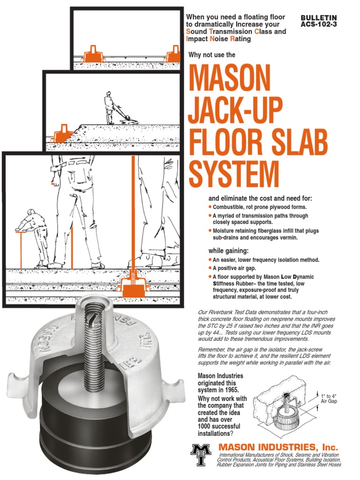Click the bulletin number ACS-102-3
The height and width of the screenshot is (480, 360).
(319, 24)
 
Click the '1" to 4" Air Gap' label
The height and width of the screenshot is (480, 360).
(329, 399)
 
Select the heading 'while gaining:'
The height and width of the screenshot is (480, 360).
(229, 250)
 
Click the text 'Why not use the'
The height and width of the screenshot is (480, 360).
(211, 55)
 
